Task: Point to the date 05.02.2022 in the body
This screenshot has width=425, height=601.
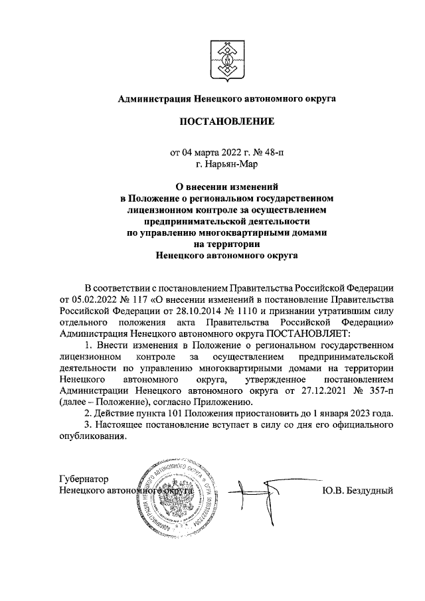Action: pyautogui.click(x=83, y=298)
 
